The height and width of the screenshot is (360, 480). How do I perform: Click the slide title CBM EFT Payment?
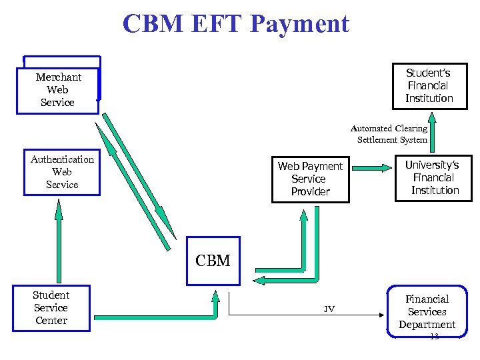[x=236, y=24]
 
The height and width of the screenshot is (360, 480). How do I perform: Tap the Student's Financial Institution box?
[x=429, y=85]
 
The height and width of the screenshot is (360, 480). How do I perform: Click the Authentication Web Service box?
[x=62, y=172]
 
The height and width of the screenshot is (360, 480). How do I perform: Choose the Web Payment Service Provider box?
[x=310, y=179]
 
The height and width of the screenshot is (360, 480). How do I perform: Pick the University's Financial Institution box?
[x=435, y=177]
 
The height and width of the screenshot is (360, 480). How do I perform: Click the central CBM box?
[x=213, y=261]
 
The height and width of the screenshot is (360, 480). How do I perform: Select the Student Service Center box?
[x=51, y=307]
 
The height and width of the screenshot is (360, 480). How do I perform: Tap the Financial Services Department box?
[x=427, y=311]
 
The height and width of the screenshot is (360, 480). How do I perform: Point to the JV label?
[x=329, y=309]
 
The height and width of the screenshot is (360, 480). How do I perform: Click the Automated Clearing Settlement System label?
[x=391, y=134]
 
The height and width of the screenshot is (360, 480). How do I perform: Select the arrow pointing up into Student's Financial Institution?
[x=432, y=130]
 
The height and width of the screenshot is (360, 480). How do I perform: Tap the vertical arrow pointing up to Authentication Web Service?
[x=59, y=240]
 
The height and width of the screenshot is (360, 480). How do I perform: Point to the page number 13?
[x=434, y=337]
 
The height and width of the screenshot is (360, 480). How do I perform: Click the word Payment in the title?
[x=301, y=24]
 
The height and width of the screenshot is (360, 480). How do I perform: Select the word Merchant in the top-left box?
[x=59, y=77]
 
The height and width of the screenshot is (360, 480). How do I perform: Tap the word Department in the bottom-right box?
[x=427, y=325]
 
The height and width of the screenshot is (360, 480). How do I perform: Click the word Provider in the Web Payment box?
[x=310, y=191]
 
